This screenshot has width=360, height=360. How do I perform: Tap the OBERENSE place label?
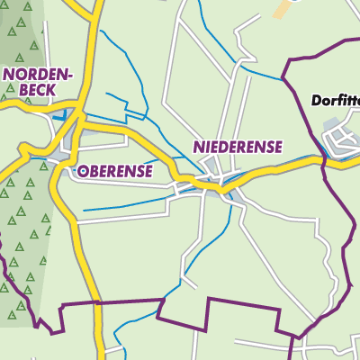(114, 170)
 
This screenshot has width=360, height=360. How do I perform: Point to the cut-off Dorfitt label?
(336, 101)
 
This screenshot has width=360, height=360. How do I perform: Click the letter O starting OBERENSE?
(83, 170)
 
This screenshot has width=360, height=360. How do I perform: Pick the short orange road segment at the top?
(284, 8)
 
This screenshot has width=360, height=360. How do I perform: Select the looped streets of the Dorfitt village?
(339, 138)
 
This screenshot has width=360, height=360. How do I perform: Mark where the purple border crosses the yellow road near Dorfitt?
(324, 160)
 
